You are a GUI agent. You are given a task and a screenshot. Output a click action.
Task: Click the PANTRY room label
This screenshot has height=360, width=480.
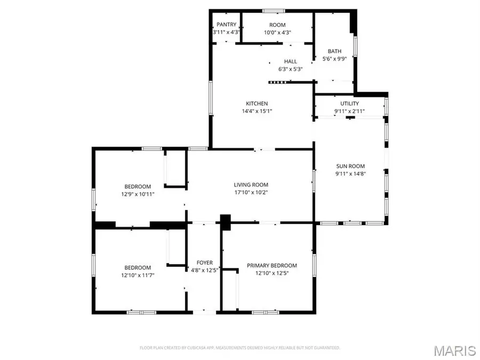226,25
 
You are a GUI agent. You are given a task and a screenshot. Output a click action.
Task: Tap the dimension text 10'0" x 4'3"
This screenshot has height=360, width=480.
277,33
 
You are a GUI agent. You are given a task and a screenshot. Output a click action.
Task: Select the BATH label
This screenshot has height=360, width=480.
334,52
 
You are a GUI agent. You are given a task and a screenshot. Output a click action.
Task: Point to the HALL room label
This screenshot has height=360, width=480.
291,61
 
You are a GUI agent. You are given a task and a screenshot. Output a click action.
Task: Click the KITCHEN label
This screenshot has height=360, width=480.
257,103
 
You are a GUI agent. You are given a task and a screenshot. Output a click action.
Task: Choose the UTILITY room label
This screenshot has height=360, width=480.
349,103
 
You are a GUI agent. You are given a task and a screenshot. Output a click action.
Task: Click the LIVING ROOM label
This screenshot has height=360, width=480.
250,185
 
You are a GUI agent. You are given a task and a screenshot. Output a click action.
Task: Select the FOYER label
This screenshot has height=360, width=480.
204,262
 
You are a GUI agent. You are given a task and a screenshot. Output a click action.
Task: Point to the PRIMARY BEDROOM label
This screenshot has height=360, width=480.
271,265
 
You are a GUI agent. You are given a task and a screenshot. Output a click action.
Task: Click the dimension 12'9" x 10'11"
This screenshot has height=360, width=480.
138,194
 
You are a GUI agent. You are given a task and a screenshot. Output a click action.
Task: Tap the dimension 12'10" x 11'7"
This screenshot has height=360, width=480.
138,275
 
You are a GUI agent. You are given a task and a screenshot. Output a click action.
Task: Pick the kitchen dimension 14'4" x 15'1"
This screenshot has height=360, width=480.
257,111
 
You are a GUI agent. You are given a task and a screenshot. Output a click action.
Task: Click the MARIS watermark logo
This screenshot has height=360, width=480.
454,350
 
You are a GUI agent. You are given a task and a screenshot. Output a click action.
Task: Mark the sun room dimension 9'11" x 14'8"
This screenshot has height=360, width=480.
350,173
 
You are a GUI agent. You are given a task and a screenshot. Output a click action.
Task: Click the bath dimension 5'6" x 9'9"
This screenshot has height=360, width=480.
334,59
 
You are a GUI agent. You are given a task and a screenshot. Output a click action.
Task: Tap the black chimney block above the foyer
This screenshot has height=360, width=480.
225,222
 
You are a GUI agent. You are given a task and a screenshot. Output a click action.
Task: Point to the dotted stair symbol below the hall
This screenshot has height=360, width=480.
277,82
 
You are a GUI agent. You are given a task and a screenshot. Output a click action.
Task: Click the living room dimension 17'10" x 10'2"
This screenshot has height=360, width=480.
250,193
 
